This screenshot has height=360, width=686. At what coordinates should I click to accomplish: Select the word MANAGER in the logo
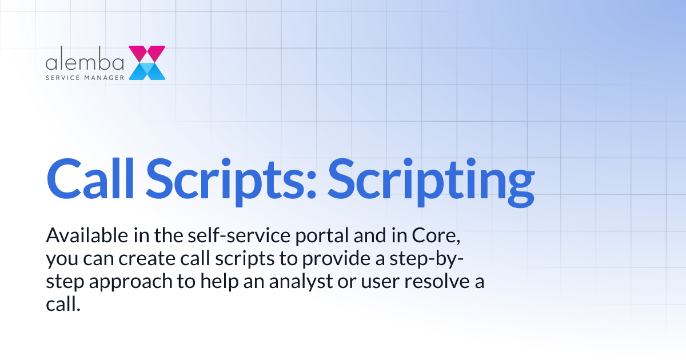(x=105, y=77)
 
